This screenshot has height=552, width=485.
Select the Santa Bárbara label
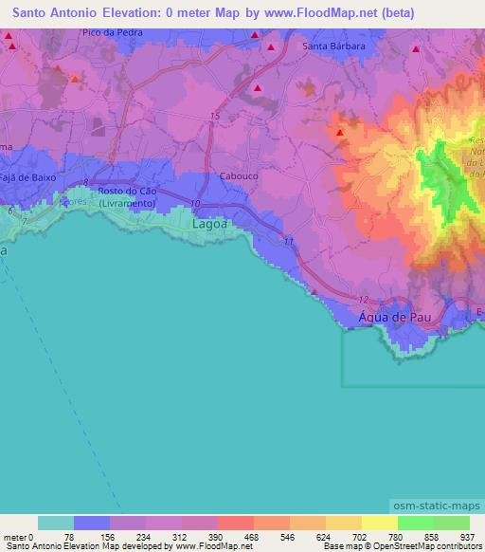(333, 46)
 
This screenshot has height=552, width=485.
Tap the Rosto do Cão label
(126, 190)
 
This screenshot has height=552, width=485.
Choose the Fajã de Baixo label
(28, 177)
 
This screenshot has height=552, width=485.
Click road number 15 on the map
(215, 116)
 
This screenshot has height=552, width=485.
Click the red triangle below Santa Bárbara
(258, 89)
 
